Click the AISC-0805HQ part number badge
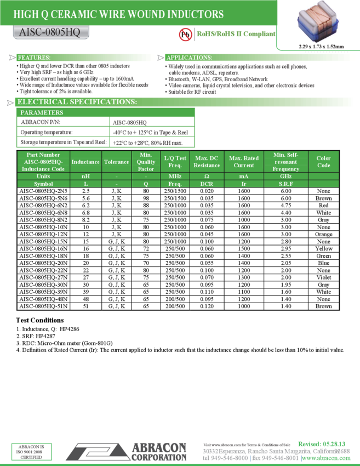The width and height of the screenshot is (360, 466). click(50, 33)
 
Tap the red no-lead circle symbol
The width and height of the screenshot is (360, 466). click(185, 35)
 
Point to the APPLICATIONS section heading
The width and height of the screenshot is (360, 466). click(189, 58)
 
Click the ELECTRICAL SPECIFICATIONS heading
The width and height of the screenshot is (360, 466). click(77, 102)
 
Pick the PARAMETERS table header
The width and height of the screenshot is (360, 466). click(42, 112)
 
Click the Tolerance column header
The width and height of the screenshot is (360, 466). click(117, 162)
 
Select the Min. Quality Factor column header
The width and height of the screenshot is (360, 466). click(146, 162)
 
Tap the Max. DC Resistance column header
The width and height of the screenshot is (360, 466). click(207, 162)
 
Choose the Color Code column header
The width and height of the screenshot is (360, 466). click(323, 162)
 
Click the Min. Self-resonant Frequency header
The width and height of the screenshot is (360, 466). click(285, 162)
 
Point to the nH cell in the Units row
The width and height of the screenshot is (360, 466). click(85, 177)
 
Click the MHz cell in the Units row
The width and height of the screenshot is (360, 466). click(175, 177)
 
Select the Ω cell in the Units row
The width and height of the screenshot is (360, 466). click(207, 177)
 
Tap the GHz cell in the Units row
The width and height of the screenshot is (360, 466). click(285, 177)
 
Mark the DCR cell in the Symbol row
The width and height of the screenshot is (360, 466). click(207, 184)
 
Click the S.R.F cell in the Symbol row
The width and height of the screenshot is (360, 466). click(285, 184)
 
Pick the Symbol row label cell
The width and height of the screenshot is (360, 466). click(43, 184)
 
